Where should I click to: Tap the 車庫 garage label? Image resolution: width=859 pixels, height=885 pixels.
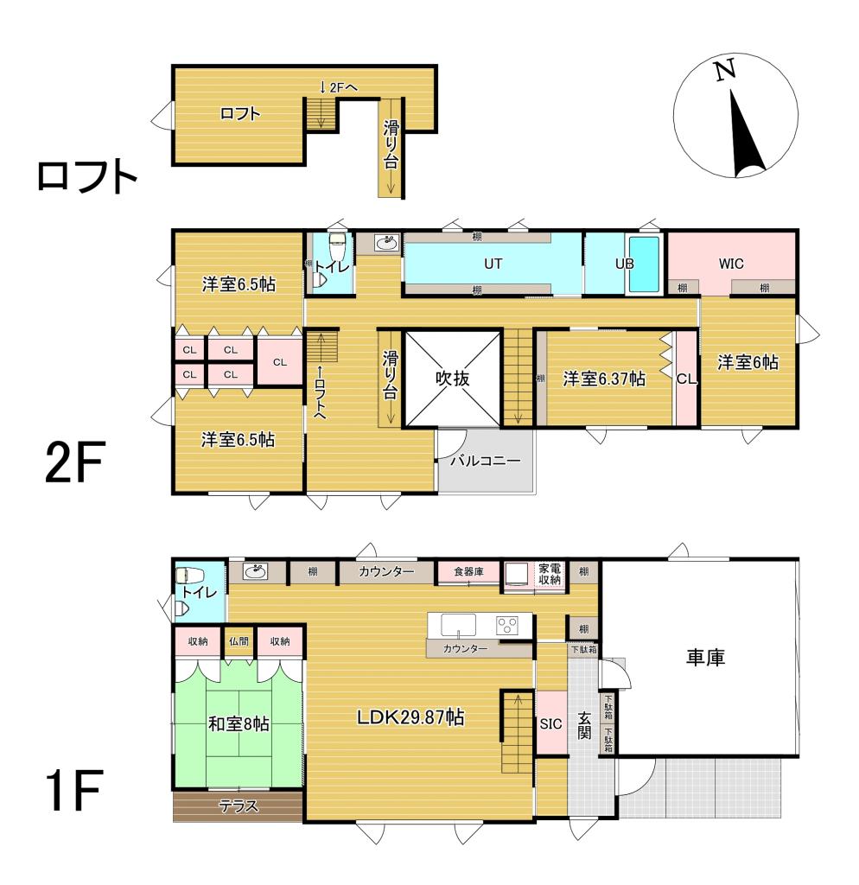(705, 657)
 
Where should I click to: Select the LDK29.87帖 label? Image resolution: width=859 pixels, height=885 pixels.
(407, 716)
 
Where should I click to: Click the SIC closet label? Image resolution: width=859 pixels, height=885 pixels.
(550, 723)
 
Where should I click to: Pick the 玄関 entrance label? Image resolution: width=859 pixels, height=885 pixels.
(585, 723)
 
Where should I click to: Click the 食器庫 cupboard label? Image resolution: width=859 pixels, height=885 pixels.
(469, 571)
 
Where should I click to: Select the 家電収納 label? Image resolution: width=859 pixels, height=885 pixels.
(550, 574)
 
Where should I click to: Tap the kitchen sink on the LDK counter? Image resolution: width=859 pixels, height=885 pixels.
(458, 624)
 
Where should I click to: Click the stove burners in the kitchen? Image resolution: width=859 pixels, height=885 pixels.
(506, 624)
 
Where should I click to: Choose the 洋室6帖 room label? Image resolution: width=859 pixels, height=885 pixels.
(748, 363)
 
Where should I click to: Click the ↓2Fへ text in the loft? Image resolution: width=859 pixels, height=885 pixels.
(339, 86)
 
